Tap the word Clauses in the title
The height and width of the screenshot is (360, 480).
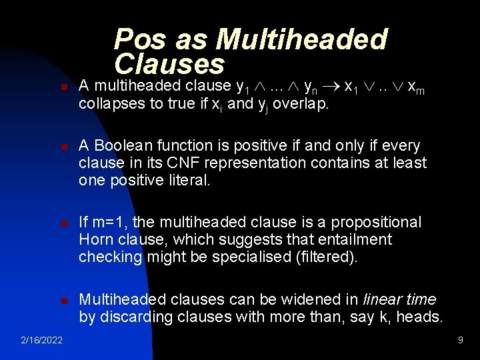pyautogui.click(x=169, y=64)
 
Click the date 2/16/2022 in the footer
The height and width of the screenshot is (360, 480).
pyautogui.click(x=41, y=341)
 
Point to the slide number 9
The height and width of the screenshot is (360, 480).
pyautogui.click(x=460, y=341)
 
